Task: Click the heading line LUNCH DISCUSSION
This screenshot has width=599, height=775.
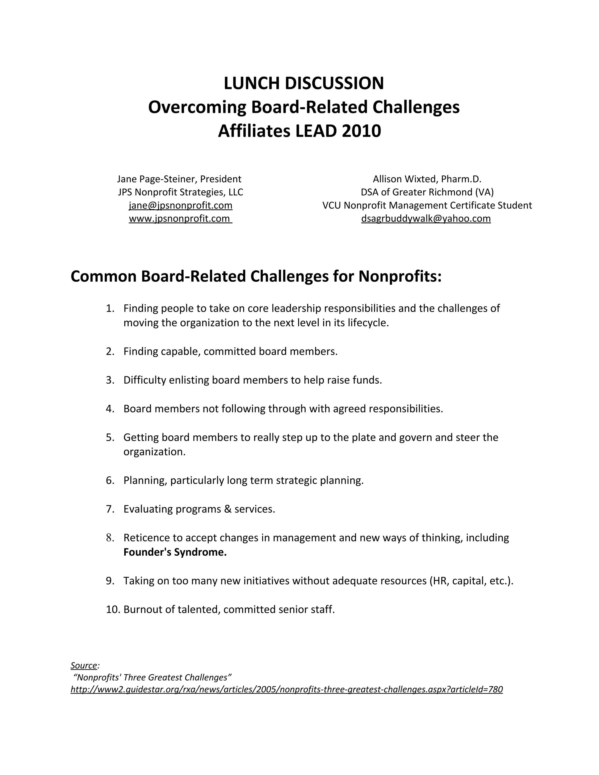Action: point(304,83)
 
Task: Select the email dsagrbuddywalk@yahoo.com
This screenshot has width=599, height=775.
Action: point(426,218)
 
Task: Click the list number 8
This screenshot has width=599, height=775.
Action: point(110,538)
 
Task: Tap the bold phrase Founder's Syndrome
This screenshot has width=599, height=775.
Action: point(175,552)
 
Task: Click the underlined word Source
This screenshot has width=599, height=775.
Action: point(84,665)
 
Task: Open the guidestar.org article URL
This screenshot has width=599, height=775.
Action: point(286,690)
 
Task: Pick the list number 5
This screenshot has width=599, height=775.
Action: point(110,438)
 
